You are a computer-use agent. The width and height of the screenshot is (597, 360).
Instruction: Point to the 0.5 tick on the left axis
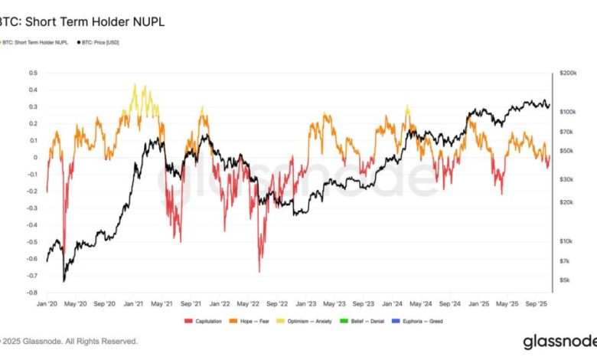pos(32,74)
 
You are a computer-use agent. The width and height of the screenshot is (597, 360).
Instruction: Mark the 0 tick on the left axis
pos(34,158)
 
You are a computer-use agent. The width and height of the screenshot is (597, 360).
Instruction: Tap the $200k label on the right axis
pos(567,73)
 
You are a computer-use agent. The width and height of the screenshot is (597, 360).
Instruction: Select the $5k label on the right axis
pos(566,280)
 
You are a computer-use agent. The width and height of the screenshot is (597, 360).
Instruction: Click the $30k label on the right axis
pos(566,179)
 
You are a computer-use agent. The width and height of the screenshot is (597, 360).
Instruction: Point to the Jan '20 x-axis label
pos(47,304)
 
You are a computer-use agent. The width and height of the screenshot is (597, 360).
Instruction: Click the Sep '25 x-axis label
pos(536,304)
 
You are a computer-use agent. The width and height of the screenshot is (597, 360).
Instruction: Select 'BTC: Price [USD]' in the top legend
pos(99,42)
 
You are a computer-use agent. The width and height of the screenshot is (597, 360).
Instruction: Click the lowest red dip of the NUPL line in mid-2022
pos(259,271)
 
